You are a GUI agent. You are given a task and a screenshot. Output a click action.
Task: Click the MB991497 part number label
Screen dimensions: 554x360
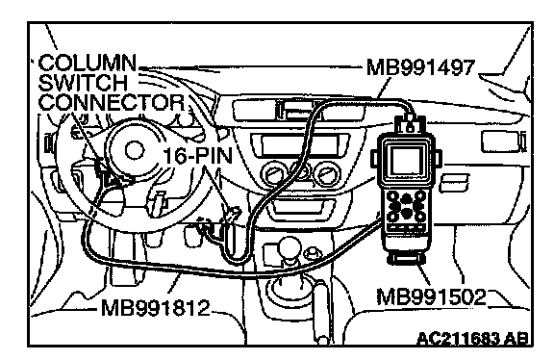click(x=420, y=67)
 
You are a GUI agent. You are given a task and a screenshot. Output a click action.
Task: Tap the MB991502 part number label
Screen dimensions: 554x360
click(x=431, y=297)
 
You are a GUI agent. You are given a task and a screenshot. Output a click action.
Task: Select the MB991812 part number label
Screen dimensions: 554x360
click(x=156, y=308)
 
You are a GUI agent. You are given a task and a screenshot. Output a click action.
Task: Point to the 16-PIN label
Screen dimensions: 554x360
click(x=198, y=156)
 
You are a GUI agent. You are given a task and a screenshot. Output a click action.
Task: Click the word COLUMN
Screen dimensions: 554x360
click(x=87, y=64)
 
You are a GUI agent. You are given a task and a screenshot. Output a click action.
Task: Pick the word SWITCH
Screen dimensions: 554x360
click(x=83, y=83)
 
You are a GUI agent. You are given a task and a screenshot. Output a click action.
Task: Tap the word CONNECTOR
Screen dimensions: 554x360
click(x=112, y=103)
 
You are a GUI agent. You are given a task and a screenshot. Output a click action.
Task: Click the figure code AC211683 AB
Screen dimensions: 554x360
click(x=473, y=339)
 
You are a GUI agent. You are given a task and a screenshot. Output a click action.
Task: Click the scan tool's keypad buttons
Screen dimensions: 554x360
click(x=406, y=207)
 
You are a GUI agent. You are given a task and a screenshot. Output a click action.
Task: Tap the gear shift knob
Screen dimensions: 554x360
click(x=290, y=247)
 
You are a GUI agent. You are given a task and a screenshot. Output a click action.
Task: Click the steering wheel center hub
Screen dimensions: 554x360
click(x=136, y=150)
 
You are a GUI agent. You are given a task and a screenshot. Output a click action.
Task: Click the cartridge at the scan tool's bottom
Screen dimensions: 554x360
click(x=406, y=259)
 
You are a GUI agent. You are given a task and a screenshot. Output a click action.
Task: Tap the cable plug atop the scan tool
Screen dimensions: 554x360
click(x=410, y=124)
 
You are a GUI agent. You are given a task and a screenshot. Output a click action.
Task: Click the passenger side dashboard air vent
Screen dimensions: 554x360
click(x=503, y=141)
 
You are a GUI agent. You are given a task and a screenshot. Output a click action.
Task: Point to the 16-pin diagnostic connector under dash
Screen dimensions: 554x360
click(x=233, y=214)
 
